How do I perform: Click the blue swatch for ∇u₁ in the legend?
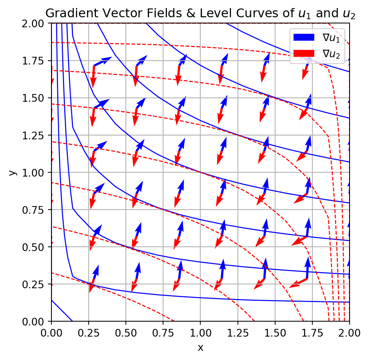point(304,37)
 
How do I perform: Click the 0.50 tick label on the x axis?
point(126,331)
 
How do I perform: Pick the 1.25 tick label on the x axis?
point(238,331)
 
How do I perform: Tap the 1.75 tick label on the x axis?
point(312,331)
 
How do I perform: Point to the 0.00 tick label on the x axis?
point(51,331)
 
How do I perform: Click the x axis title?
point(200,348)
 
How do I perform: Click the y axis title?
point(13,172)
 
